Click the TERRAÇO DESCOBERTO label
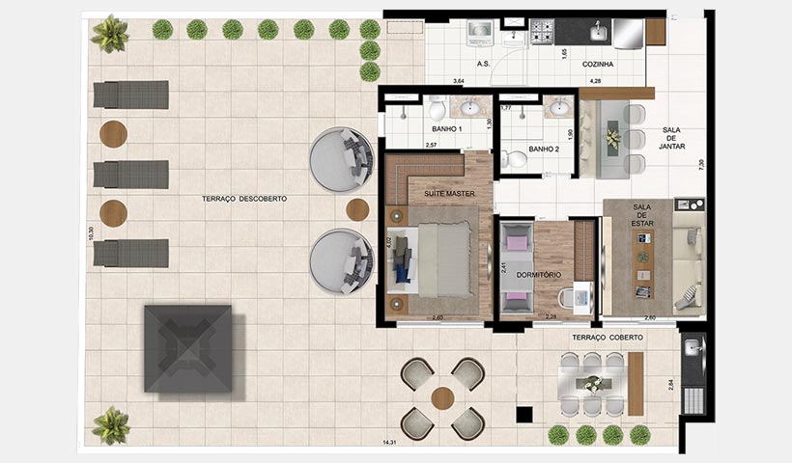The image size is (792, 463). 244,198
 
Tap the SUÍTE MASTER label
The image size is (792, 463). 447,193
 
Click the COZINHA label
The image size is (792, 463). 599,64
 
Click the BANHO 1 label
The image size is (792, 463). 447,128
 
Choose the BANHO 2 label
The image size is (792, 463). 544,150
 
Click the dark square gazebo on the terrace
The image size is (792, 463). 188,348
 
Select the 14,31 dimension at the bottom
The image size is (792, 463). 390,442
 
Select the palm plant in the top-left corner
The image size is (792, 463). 109,34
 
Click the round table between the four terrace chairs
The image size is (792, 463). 443,397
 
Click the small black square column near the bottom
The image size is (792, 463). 524,415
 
